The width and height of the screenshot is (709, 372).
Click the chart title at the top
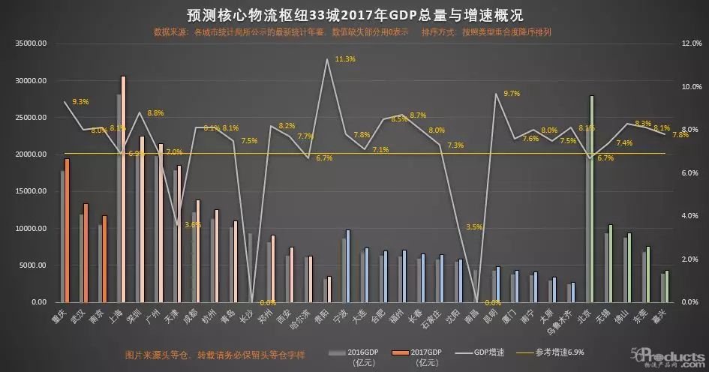click(x=354, y=14)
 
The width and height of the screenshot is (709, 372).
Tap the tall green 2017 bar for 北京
click(x=592, y=199)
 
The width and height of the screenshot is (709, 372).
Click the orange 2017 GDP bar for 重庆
click(x=67, y=229)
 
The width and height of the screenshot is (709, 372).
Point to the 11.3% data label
click(x=345, y=59)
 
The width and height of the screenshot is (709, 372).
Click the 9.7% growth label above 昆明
click(x=512, y=94)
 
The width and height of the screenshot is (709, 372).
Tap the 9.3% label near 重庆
click(x=80, y=101)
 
